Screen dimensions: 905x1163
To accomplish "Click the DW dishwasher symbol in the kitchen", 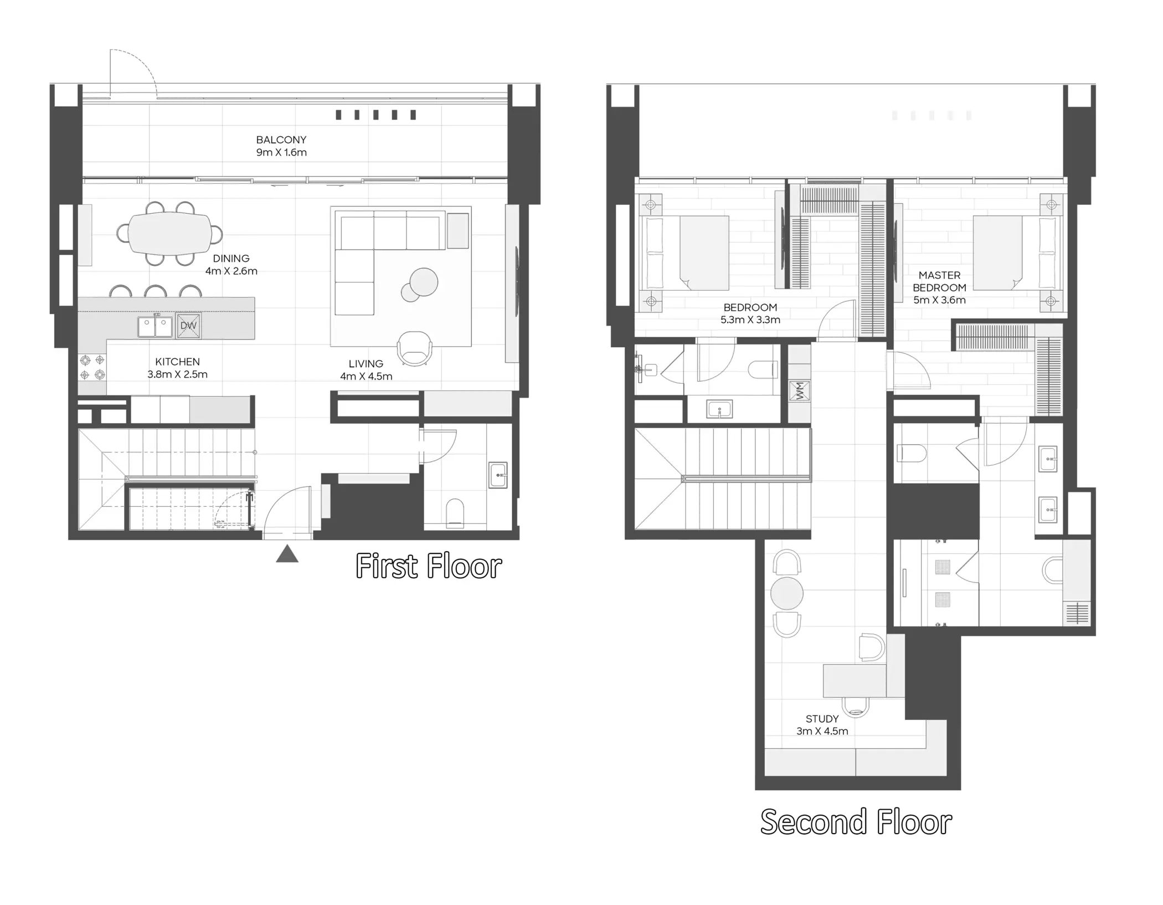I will click(x=188, y=326).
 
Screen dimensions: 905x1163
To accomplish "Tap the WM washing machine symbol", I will click(x=799, y=392).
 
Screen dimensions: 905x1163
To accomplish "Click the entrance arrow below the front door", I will click(x=287, y=554).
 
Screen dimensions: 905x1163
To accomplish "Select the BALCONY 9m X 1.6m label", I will click(x=281, y=146).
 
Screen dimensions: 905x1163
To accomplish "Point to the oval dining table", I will click(x=169, y=234).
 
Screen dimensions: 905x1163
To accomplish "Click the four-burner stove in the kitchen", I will click(x=92, y=368).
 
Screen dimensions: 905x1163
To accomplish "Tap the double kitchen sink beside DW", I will click(x=155, y=326).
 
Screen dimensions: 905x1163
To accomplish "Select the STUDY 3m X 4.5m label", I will click(x=822, y=725).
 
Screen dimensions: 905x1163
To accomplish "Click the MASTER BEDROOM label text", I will click(x=939, y=287).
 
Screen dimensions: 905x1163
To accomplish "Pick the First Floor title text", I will click(x=428, y=567).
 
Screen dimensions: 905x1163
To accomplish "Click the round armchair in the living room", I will click(x=414, y=348).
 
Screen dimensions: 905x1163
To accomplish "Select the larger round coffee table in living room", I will click(x=424, y=283).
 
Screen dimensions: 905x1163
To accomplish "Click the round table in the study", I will click(x=786, y=593).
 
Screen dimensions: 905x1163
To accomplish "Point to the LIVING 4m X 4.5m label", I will click(x=366, y=370).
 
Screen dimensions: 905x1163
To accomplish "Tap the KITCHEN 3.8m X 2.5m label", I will click(x=177, y=368).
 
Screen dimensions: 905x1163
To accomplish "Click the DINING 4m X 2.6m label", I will click(x=231, y=265).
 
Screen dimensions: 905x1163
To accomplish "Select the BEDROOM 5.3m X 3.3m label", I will click(x=750, y=313).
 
